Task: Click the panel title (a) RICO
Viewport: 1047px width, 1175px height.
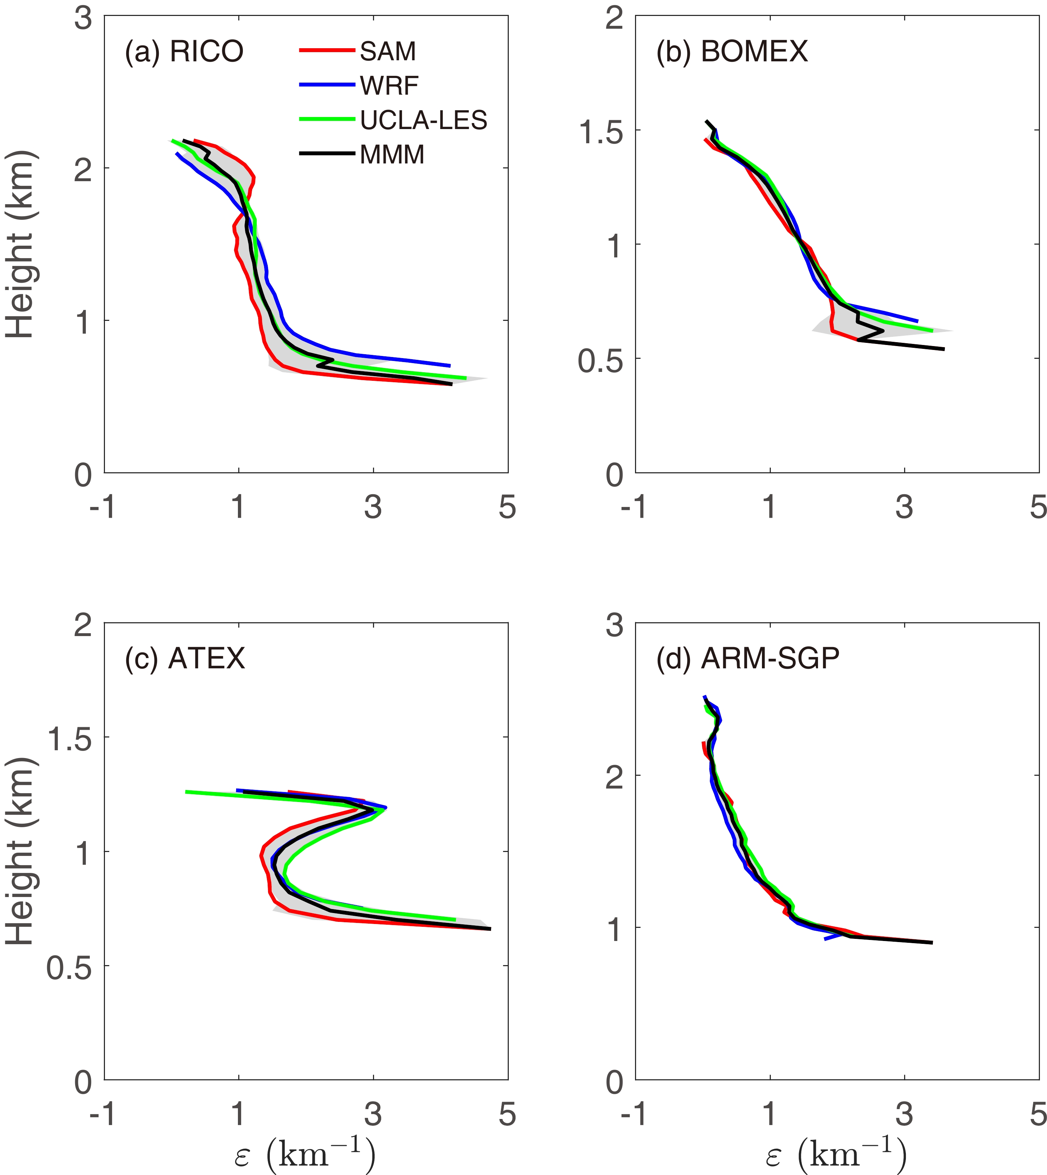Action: click(x=184, y=52)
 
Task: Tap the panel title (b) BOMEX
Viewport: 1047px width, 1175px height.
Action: click(x=732, y=52)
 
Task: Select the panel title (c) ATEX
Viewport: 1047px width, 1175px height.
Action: click(x=185, y=658)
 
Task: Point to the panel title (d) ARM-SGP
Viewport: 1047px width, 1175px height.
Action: click(x=747, y=658)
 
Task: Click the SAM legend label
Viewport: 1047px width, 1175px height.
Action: click(x=388, y=52)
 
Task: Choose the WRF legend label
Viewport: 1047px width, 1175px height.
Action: click(x=389, y=86)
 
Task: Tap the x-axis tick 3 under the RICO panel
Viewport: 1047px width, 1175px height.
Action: click(x=373, y=507)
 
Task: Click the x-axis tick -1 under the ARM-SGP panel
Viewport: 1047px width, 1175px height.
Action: click(x=635, y=1115)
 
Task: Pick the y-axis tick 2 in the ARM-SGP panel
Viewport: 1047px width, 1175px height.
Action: click(x=614, y=778)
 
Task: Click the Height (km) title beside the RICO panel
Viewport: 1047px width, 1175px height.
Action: click(x=20, y=244)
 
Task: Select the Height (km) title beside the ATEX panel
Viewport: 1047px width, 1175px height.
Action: click(x=20, y=851)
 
